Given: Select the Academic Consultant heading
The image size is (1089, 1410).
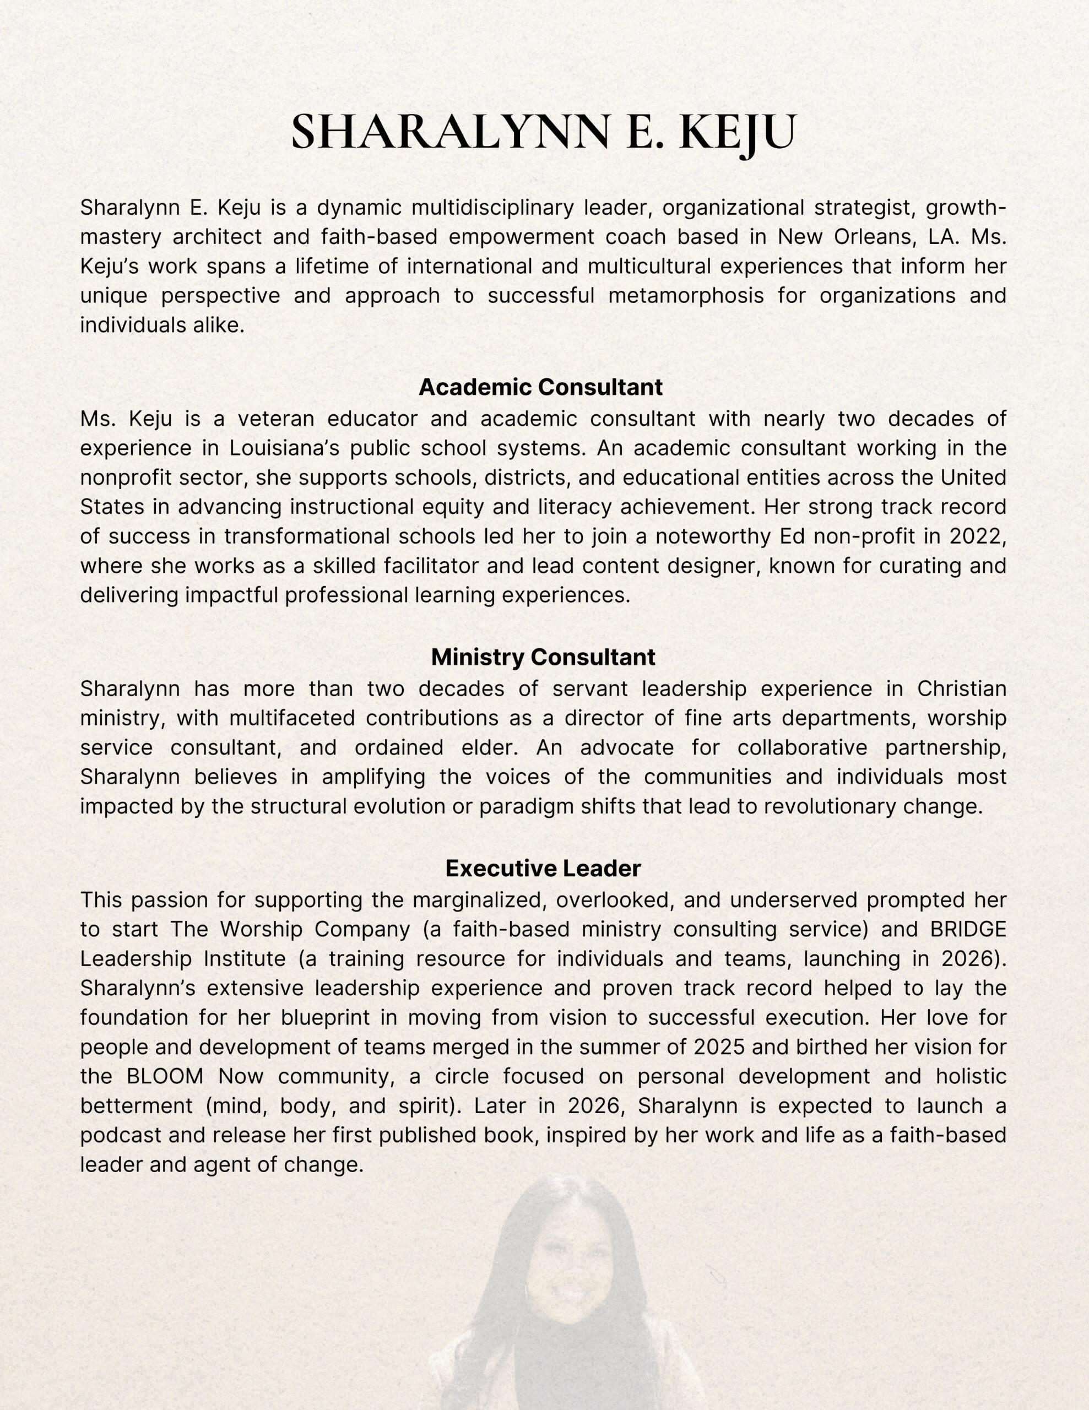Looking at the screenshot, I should coord(540,387).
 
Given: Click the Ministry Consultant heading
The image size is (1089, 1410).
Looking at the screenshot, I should coord(543,657).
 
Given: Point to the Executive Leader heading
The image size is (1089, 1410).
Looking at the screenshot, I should coord(543,869).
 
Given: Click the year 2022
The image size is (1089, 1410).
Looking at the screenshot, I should coord(980,536).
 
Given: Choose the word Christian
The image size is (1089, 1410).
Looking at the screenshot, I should coord(961,689).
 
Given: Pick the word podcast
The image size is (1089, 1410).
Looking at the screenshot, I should coord(121,1135).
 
